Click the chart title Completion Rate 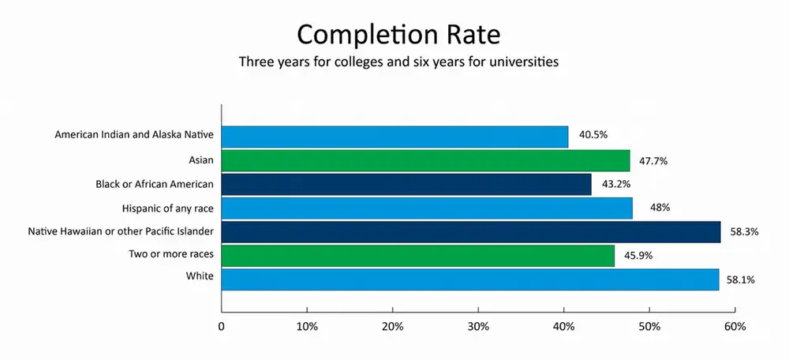398,35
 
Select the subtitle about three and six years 398,62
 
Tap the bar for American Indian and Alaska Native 394,137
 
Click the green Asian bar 425,160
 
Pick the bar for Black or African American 406,184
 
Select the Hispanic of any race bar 427,208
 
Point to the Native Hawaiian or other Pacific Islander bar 471,231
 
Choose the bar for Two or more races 418,255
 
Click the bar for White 470,279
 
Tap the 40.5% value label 593,135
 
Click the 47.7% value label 654,160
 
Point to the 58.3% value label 746,231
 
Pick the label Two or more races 172,254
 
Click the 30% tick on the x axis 478,326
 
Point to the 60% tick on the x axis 735,326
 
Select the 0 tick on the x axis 222,326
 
